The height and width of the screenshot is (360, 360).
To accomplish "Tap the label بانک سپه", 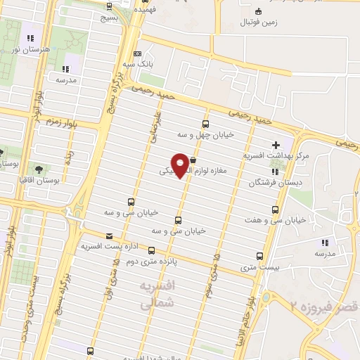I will [138, 64].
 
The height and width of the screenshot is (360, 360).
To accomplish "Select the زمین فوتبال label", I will [260, 23].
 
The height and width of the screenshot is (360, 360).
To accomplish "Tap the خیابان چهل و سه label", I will [205, 133].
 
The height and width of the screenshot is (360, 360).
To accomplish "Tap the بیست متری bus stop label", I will [259, 267].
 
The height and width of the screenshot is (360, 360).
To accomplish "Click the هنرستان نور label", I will [29, 51].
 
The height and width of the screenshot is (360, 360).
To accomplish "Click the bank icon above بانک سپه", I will [137, 53].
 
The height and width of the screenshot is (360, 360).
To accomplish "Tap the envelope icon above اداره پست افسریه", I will [108, 236].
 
